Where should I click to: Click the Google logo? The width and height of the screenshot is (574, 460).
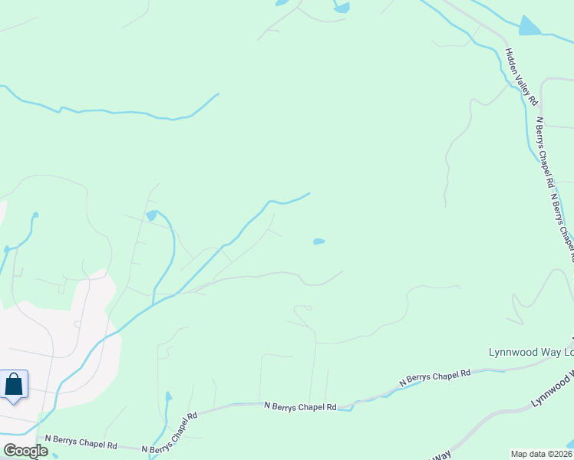(25, 451)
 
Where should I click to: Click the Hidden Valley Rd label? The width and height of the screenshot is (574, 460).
(522, 77)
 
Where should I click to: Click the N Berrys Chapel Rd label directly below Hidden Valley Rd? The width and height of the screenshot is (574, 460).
(544, 153)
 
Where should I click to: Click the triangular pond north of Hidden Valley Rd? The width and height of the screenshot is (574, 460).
(529, 26)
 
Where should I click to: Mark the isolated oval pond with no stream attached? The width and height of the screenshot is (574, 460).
(318, 242)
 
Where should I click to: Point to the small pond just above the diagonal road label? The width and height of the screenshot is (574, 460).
(168, 397)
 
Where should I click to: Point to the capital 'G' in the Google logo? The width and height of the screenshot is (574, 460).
(10, 451)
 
